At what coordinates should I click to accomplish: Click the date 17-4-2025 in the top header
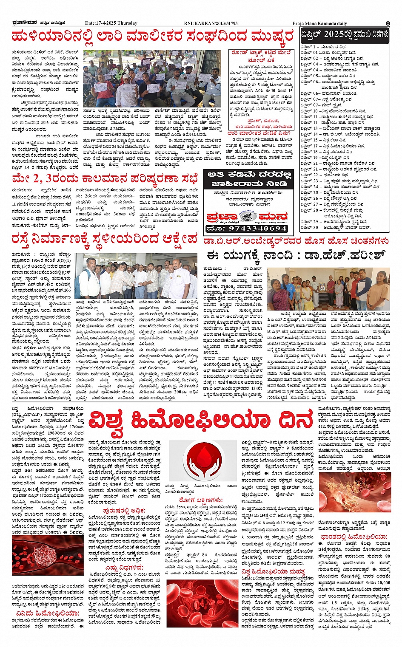click(x=111, y=23)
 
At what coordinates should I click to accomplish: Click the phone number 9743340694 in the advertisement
click(x=247, y=229)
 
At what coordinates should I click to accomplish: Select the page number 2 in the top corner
click(x=388, y=23)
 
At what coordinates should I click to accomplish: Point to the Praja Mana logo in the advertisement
click(x=247, y=217)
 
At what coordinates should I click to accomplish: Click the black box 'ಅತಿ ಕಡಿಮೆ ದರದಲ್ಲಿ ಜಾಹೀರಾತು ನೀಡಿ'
click(x=247, y=179)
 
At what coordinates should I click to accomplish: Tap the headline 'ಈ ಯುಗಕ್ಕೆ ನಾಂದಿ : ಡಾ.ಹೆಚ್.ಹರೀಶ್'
click(x=295, y=256)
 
